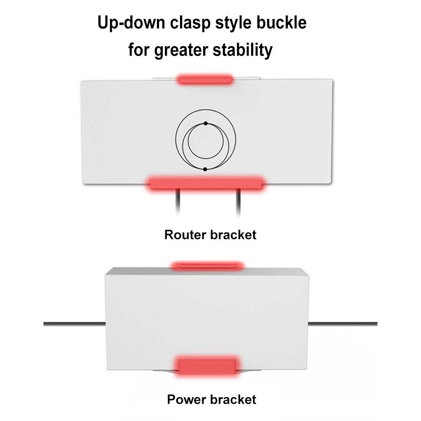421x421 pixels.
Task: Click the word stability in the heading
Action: [x=245, y=50]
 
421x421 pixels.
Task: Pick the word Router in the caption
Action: [x=185, y=234]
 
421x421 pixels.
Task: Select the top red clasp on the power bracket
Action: [x=207, y=265]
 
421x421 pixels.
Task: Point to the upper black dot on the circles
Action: [x=206, y=123]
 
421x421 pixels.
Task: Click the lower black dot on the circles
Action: [x=205, y=169]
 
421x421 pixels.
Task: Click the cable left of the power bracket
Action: [x=74, y=323]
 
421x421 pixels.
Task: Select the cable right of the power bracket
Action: [x=343, y=323]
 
